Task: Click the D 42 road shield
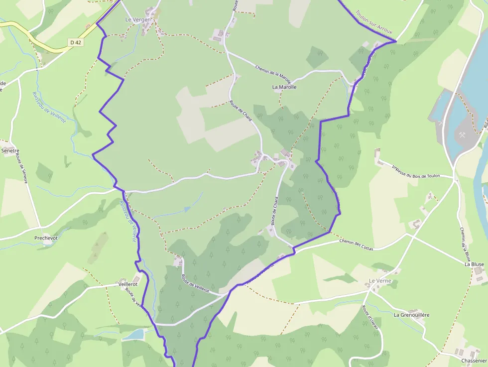[x=76, y=43]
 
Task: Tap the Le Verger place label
[x=137, y=20]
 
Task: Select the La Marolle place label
[x=284, y=87]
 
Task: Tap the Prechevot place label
[x=46, y=238]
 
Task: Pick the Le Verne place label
[x=380, y=281]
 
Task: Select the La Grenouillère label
[x=411, y=315]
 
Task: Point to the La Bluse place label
[x=474, y=264]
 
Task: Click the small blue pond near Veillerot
[x=133, y=334]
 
